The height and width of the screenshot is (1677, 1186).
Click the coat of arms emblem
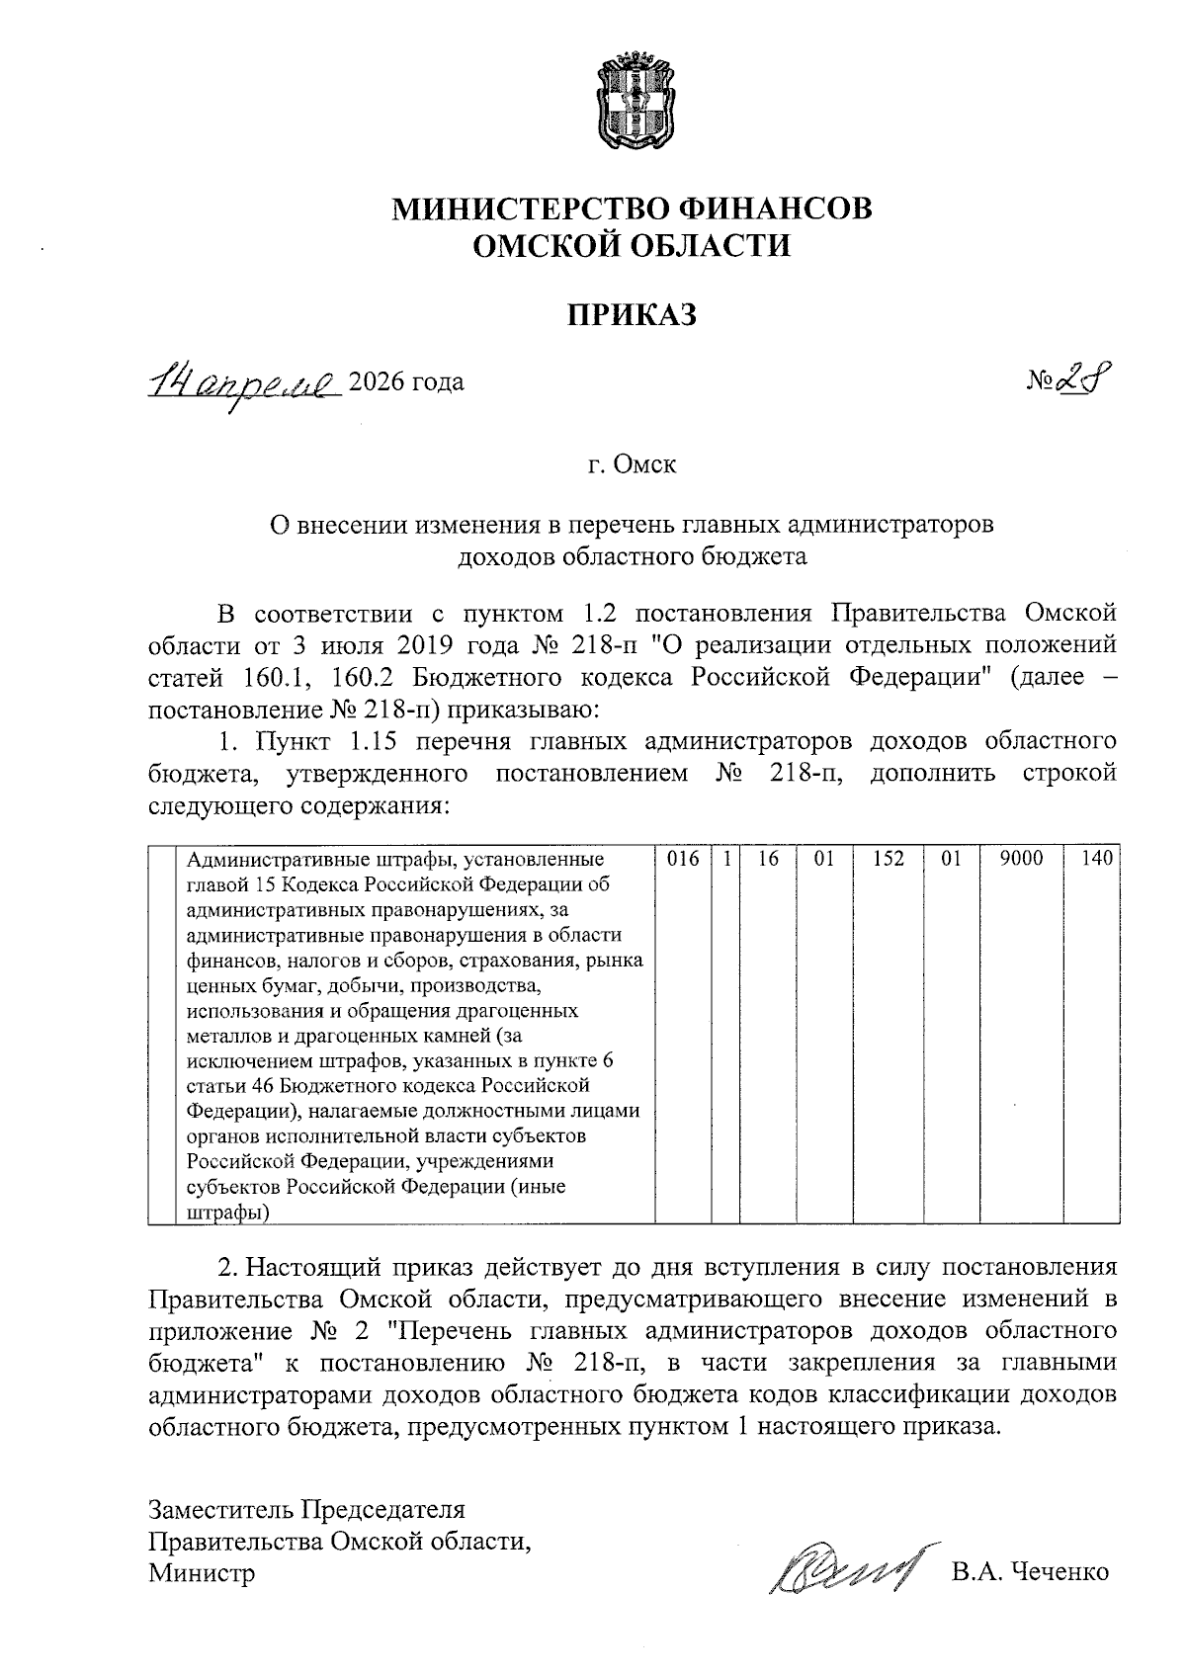(634, 103)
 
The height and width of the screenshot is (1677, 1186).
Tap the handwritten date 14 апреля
(243, 381)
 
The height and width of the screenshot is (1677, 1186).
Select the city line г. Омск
(633, 464)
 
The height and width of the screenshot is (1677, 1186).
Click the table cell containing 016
(683, 860)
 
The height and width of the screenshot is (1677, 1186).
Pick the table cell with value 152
(889, 860)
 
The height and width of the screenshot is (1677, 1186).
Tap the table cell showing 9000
(1021, 860)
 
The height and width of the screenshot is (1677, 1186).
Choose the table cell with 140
(1097, 860)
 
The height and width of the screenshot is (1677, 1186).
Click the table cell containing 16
(768, 860)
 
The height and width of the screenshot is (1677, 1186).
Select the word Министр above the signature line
(202, 1572)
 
